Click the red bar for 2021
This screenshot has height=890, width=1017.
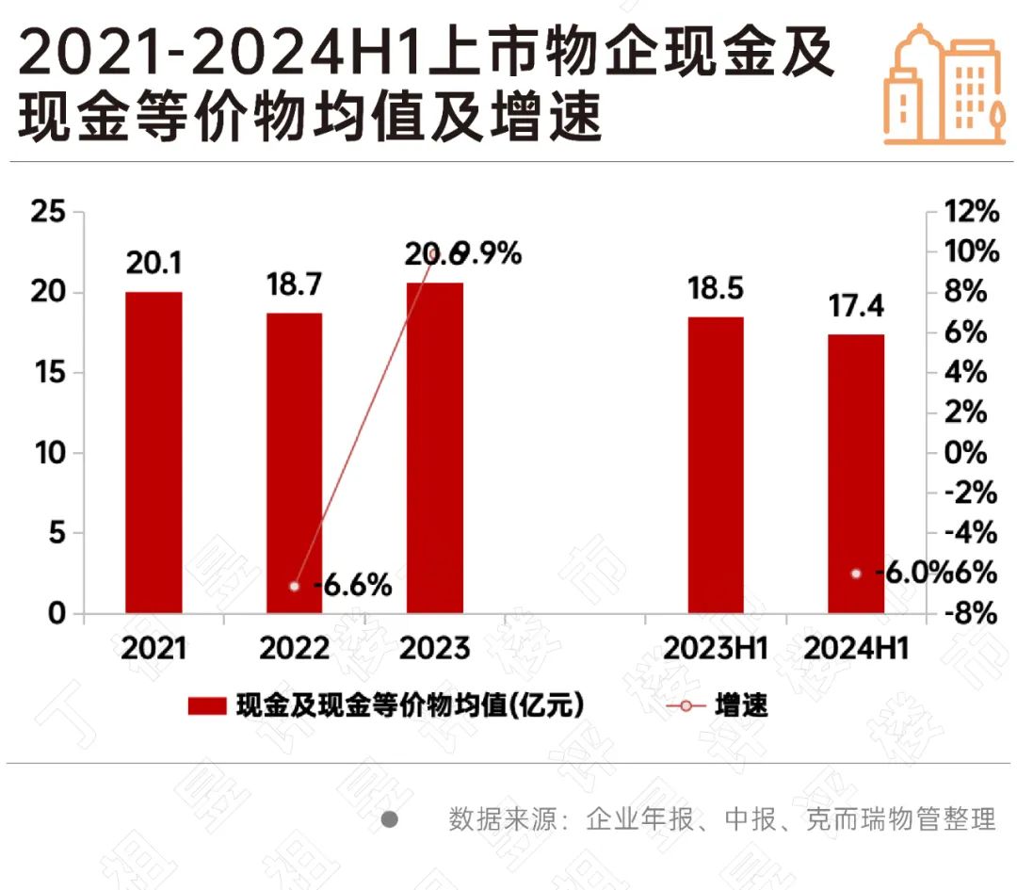tap(153, 453)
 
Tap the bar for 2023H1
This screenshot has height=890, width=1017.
tap(716, 465)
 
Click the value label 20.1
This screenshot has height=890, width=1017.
tap(153, 265)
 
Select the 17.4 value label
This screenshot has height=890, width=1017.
tap(857, 307)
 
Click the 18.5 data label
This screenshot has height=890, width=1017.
tap(716, 289)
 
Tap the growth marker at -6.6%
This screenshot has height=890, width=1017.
tap(294, 586)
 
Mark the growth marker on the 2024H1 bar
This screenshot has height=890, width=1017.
tap(856, 574)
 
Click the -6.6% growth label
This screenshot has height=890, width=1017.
tap(352, 586)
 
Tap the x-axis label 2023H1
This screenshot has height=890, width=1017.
tap(716, 649)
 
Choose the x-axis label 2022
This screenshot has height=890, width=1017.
tap(294, 649)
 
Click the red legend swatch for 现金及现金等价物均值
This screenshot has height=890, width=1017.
tap(206, 706)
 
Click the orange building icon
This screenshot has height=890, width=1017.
tap(942, 85)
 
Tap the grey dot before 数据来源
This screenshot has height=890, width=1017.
tap(389, 819)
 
